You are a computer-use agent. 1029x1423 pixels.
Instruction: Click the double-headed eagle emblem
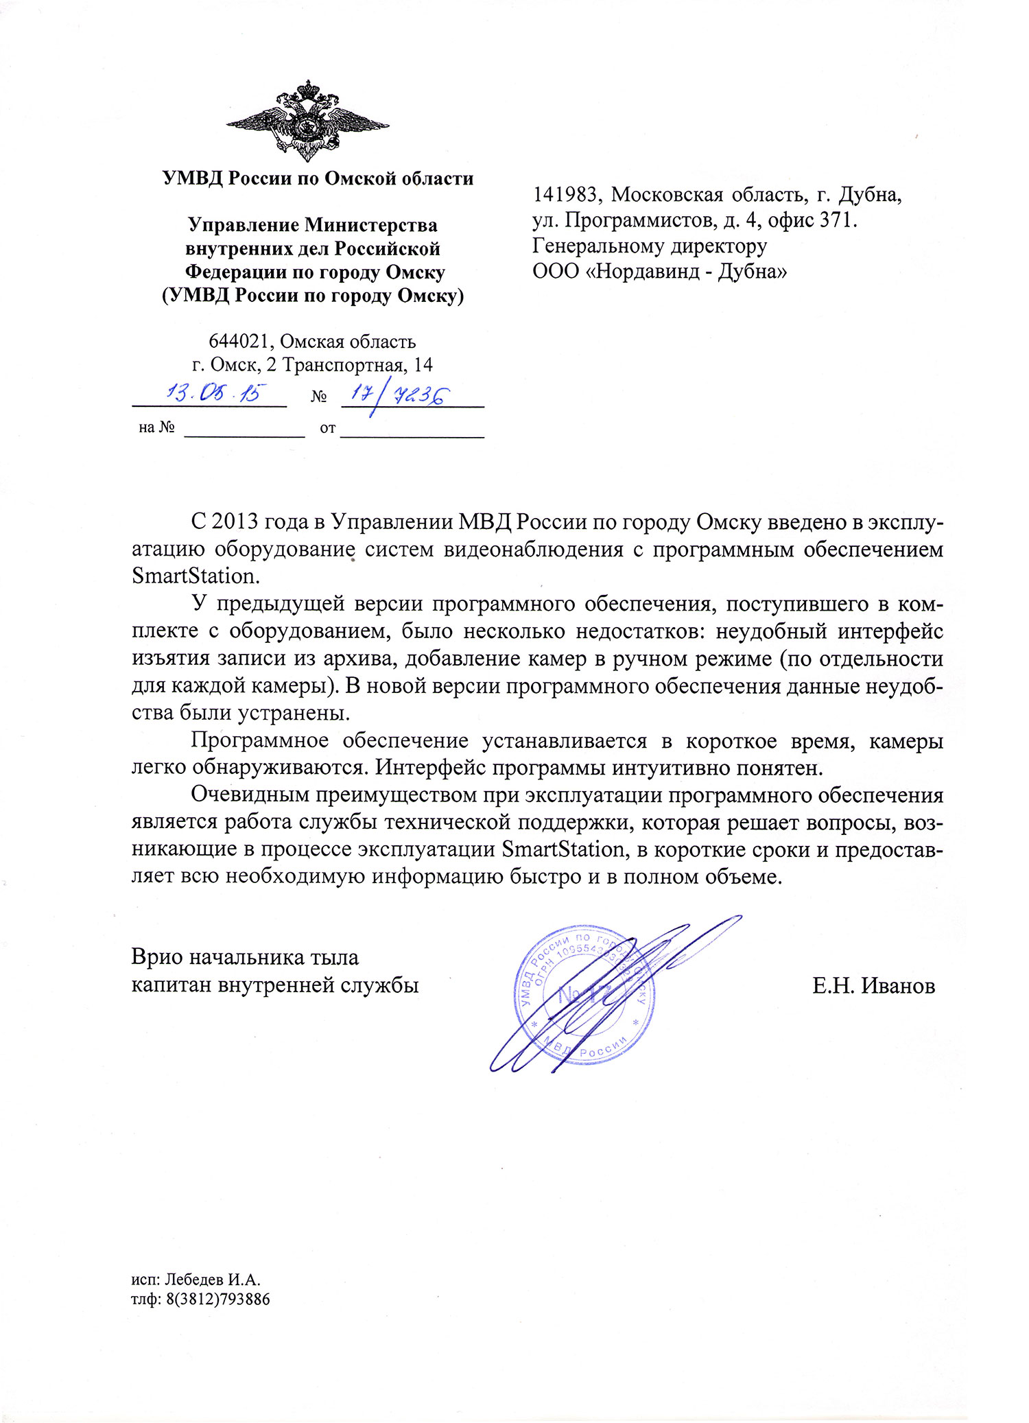pos(307,121)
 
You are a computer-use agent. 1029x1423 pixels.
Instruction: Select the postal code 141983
pos(567,195)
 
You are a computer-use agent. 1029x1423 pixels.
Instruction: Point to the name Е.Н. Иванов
pos(873,986)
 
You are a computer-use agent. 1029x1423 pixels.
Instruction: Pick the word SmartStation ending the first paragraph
pos(193,575)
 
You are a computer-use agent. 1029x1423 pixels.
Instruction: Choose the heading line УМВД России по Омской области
pos(318,178)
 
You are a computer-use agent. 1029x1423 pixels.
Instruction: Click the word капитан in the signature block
pos(172,985)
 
